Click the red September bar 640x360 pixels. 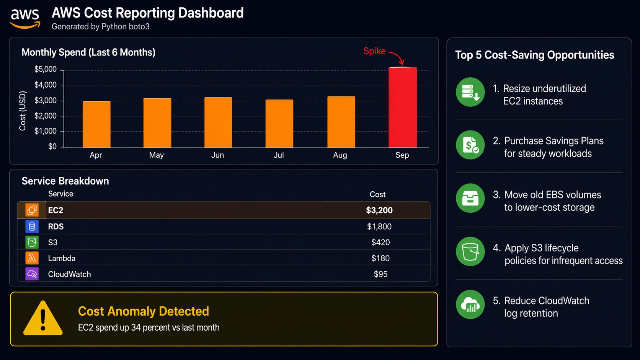point(403,107)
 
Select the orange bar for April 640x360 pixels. point(96,124)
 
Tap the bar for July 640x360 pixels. point(279,123)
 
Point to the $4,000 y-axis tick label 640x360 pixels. point(46,85)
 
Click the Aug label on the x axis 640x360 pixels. point(340,155)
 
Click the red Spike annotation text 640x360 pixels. point(374,51)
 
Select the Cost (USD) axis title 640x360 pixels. point(23,111)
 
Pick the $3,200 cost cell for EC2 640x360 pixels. point(379,210)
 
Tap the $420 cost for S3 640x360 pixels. point(380,242)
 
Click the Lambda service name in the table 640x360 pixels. point(62,258)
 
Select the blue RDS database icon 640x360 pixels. point(32,226)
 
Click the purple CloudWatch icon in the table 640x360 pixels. point(32,274)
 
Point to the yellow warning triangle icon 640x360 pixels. point(43,319)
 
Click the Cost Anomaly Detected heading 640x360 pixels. point(144,311)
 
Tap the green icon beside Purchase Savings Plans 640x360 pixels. point(470,145)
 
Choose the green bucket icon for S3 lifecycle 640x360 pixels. point(470,251)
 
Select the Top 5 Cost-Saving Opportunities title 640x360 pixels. point(534,55)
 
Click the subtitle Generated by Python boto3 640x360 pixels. point(101,27)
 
